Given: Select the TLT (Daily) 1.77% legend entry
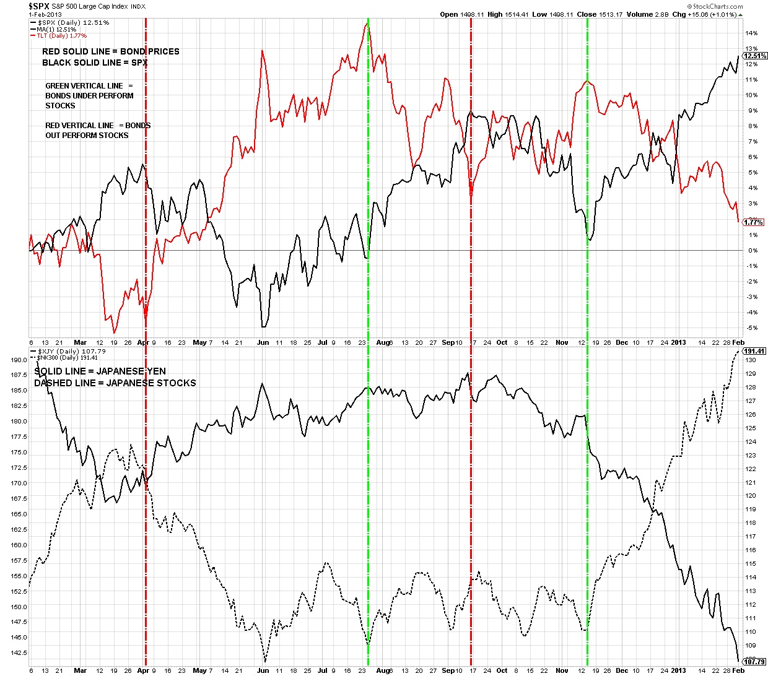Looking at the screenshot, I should point(58,36).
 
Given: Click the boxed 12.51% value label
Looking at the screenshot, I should point(756,56).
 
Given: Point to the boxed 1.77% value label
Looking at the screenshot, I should point(754,222).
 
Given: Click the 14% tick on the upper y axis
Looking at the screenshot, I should point(751,33).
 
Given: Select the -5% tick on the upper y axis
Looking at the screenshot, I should point(751,328).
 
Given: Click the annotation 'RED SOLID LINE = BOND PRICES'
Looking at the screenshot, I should point(111,51).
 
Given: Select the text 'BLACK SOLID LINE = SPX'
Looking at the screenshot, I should point(95,63).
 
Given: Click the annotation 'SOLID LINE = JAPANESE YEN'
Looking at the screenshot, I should point(100,371).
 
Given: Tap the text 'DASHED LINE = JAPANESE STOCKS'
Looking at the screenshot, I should point(115,383).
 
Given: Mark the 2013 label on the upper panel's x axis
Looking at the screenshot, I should point(679,342).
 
